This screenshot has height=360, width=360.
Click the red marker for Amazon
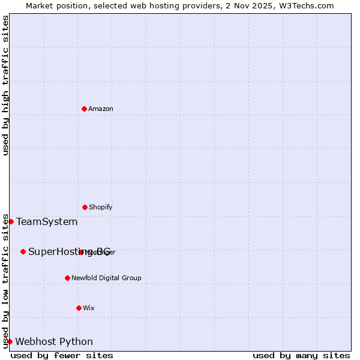[84, 109]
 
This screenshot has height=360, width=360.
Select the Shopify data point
[85, 207]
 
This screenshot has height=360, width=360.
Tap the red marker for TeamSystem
[11, 221]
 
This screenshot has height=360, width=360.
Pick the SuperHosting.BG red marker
[23, 251]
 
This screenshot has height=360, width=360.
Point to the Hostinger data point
[81, 252]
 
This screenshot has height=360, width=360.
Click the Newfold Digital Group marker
[67, 278]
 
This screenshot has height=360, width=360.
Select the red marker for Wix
[79, 308]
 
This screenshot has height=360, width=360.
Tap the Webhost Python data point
[10, 341]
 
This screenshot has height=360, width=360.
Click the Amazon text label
[101, 109]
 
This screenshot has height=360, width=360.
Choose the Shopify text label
[101, 207]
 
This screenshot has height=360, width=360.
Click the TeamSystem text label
[47, 222]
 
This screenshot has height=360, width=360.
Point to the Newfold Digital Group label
[106, 278]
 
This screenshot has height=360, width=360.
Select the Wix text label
[89, 308]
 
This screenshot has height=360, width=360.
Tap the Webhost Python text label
[54, 342]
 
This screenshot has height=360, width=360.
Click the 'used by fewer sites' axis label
[62, 355]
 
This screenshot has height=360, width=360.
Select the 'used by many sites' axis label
[301, 355]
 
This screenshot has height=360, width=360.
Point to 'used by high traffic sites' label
[5, 85]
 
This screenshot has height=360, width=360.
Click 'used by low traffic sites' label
[5, 280]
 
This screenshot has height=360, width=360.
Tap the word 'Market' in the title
[41, 5]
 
